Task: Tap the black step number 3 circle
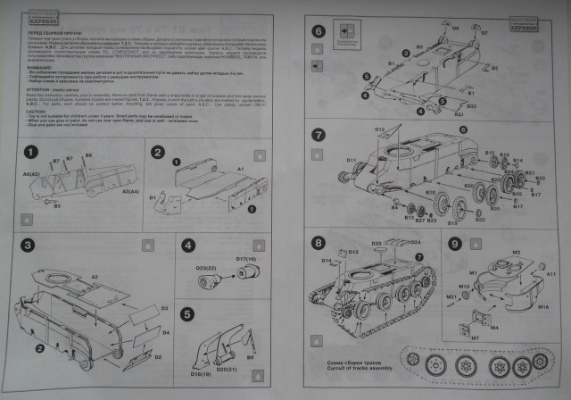click(28, 244)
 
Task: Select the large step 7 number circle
click(319, 136)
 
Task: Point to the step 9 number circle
click(456, 243)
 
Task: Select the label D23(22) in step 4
click(206, 268)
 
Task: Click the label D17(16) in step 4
click(245, 260)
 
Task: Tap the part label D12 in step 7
click(379, 131)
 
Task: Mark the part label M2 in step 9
click(516, 253)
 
